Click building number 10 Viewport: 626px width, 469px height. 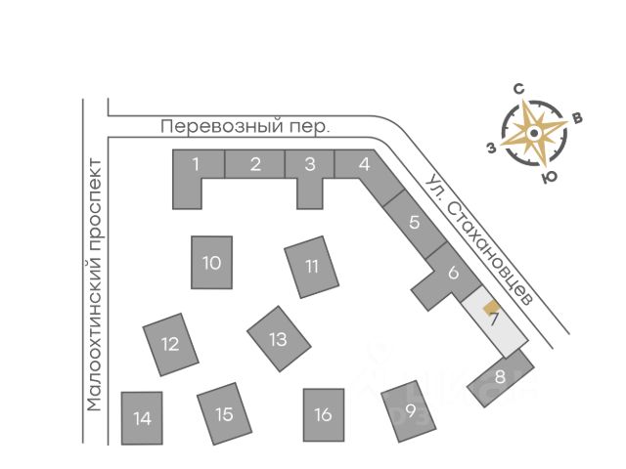tap(211, 262)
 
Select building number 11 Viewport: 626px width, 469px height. tap(312, 266)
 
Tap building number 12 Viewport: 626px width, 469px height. tap(170, 344)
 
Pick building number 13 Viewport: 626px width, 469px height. tap(279, 339)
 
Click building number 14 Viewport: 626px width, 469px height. tap(142, 418)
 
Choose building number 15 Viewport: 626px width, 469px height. tap(224, 414)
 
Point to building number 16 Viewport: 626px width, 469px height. tap(324, 414)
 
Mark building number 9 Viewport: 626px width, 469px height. tap(410, 410)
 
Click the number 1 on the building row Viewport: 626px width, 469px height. tap(196, 163)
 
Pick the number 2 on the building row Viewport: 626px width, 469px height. tap(254, 163)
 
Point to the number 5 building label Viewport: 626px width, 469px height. tap(415, 222)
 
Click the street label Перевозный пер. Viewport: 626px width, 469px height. tap(246, 127)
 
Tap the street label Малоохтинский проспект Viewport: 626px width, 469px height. tap(95, 283)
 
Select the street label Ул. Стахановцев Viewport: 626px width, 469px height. tap(479, 238)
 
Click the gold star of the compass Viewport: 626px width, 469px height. tap(534, 134)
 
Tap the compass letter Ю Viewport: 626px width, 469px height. tap(550, 179)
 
